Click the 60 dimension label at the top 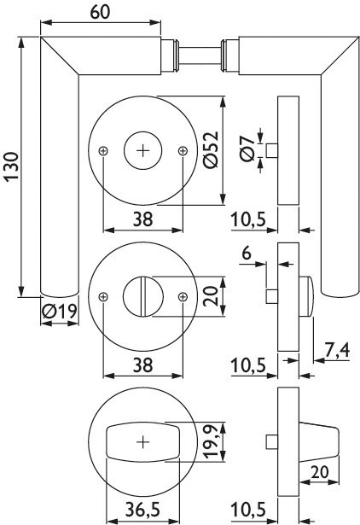click(100, 13)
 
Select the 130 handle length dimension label click(12, 167)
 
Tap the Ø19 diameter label click(60, 312)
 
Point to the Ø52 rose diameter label click(212, 149)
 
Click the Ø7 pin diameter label click(248, 149)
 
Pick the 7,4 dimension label click(337, 350)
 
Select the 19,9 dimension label click(212, 441)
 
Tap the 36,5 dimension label click(142, 510)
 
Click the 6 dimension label click(247, 254)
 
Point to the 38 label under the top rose click(142, 219)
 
